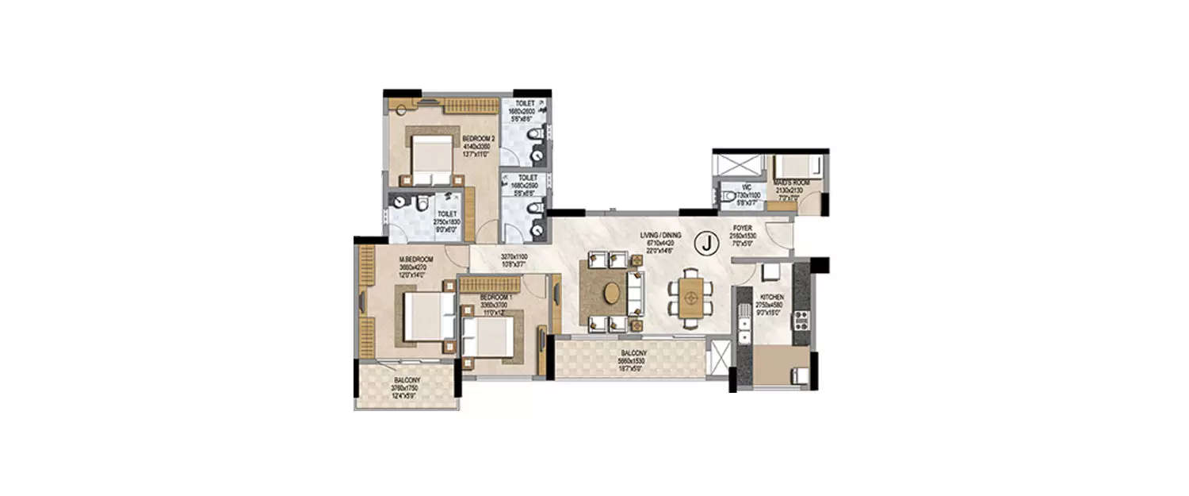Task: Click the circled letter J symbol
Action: click(x=704, y=244)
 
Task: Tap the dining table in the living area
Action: click(x=691, y=298)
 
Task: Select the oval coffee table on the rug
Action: click(x=613, y=293)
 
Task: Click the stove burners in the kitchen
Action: click(x=801, y=319)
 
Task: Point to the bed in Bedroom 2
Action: click(x=431, y=156)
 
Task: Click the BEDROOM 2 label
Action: click(x=478, y=142)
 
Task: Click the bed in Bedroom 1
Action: click(x=487, y=336)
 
